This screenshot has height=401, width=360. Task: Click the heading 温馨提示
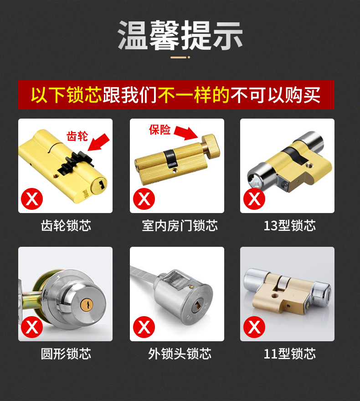180,35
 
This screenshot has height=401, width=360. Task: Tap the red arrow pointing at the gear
98,142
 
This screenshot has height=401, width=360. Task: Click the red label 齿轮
77,136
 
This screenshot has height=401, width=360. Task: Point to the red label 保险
159,130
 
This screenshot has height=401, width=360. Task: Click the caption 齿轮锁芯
66,225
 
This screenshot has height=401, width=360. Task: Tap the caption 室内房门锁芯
180,225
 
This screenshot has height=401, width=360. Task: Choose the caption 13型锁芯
289,225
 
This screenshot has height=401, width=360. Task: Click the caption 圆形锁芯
66,354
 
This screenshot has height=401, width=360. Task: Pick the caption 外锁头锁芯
180,354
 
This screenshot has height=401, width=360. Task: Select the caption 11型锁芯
289,354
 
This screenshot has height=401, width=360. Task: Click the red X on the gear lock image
32,199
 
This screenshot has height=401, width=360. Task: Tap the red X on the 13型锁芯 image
254,199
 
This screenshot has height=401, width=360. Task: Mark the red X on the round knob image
32,327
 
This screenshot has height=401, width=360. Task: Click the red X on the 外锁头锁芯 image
144,327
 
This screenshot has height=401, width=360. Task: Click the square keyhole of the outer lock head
198,305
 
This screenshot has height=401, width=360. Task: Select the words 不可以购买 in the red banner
275,95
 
